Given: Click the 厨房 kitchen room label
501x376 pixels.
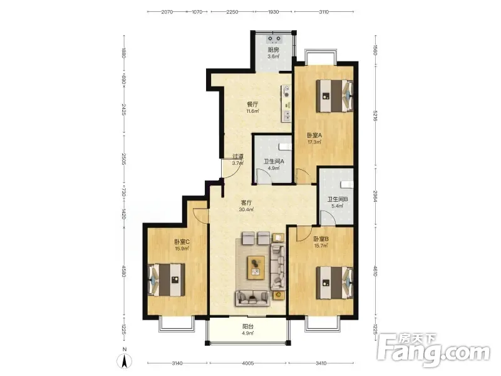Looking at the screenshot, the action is tap(273, 50).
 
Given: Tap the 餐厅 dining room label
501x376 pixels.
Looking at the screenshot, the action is tap(252, 105).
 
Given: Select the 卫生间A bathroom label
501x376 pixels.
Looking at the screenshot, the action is tap(274, 162).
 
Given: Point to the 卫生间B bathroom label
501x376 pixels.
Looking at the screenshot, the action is tap(338, 199).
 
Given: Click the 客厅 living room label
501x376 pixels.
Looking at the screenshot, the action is tap(246, 202).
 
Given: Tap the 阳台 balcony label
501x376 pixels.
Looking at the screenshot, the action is tap(248, 326).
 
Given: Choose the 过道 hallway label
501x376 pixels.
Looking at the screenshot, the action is tap(238, 156).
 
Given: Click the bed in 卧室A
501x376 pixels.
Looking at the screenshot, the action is tap(334, 96).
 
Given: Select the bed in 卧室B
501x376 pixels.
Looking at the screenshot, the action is tap(334, 283).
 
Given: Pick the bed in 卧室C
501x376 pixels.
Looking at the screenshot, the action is tap(166, 279).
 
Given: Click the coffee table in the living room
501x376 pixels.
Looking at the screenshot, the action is tap(256, 268).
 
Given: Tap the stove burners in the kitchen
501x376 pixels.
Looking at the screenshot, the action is tap(274, 39).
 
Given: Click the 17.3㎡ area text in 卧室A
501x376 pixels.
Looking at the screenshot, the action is tap(314, 142).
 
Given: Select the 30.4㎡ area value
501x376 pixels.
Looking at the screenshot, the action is tap(246, 209).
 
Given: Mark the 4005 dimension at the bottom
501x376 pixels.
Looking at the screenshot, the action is tap(248, 363).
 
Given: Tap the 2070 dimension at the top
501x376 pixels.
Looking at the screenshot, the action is tap(167, 12).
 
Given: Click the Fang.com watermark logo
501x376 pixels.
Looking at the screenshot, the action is tap(433, 350).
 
